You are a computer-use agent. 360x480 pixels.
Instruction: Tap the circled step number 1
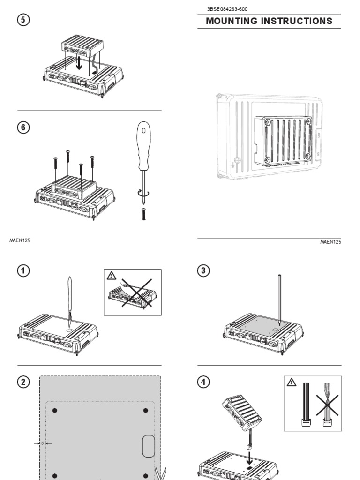[24, 270]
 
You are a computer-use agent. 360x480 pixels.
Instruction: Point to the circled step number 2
[24, 382]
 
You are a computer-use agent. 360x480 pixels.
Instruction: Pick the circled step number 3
[203, 270]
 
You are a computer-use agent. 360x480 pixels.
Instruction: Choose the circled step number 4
[203, 382]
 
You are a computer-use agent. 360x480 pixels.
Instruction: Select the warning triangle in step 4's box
[292, 382]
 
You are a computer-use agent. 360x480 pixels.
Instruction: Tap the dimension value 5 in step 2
[42, 442]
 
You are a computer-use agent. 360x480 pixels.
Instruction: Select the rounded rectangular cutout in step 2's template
[149, 446]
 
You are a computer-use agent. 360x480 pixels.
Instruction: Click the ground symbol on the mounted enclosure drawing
[233, 164]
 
